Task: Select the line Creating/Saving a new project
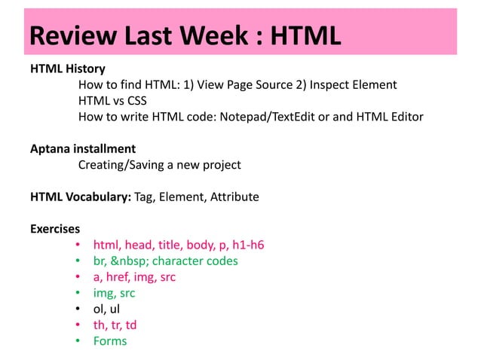159,165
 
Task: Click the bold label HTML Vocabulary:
80,197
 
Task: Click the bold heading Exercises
55,229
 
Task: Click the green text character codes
195,261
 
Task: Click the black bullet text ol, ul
106,309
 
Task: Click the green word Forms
110,341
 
